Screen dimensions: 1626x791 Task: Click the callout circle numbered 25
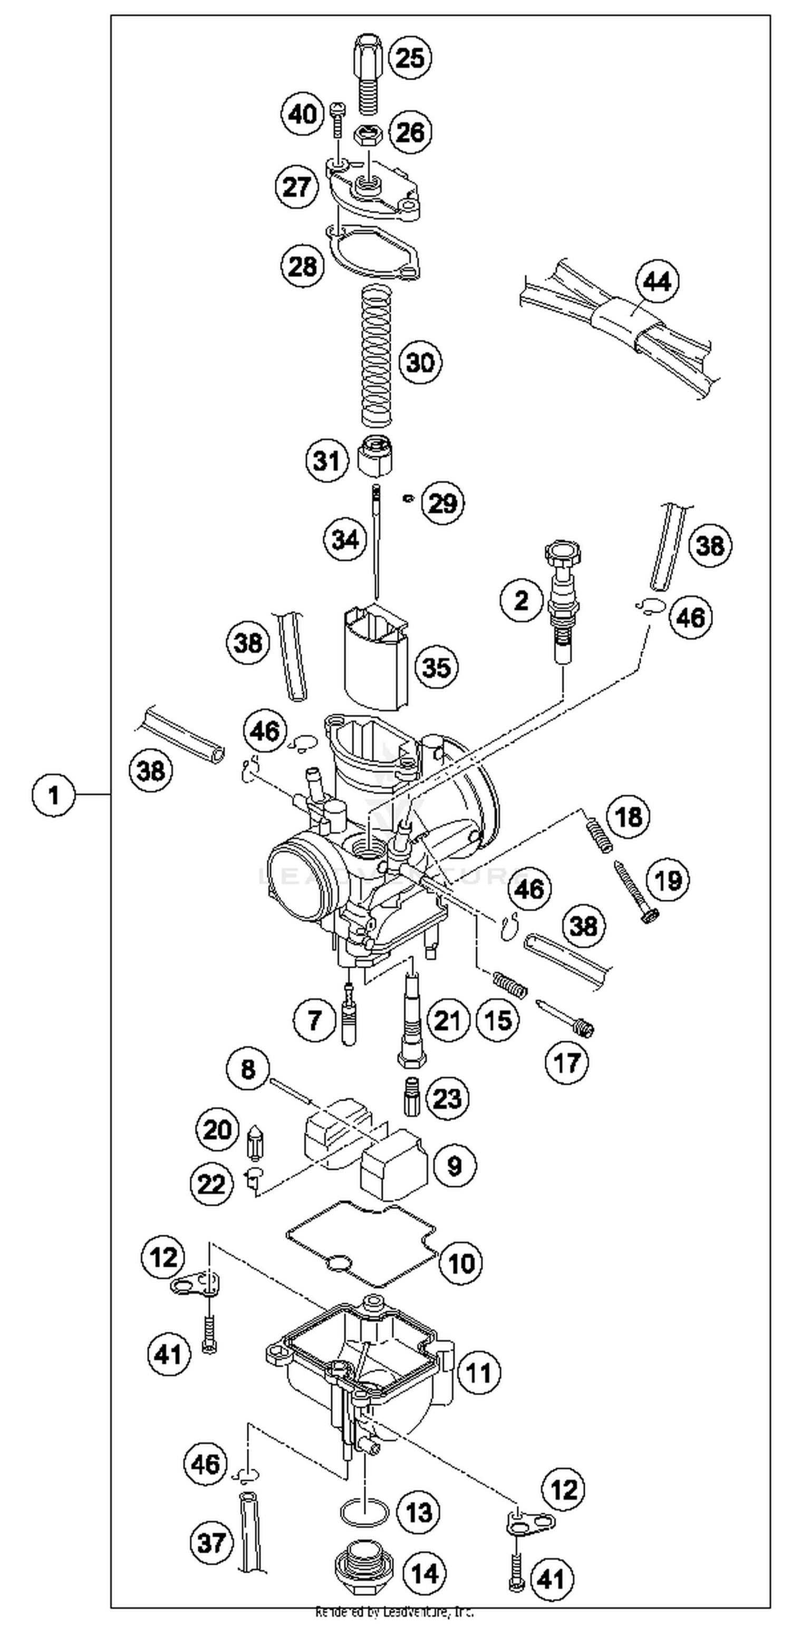pyautogui.click(x=410, y=58)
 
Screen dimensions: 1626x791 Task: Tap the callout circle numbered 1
pyautogui.click(x=54, y=795)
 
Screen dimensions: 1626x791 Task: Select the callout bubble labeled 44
pyautogui.click(x=657, y=282)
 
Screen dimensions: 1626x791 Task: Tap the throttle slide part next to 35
pyautogui.click(x=375, y=657)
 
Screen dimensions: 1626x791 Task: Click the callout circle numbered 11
pyautogui.click(x=478, y=1373)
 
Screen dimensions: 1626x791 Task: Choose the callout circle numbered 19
pyautogui.click(x=669, y=880)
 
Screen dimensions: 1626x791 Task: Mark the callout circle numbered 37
pyautogui.click(x=211, y=1543)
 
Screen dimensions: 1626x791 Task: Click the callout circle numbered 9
pyautogui.click(x=455, y=1165)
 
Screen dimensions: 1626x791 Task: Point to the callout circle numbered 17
pyautogui.click(x=566, y=1062)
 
